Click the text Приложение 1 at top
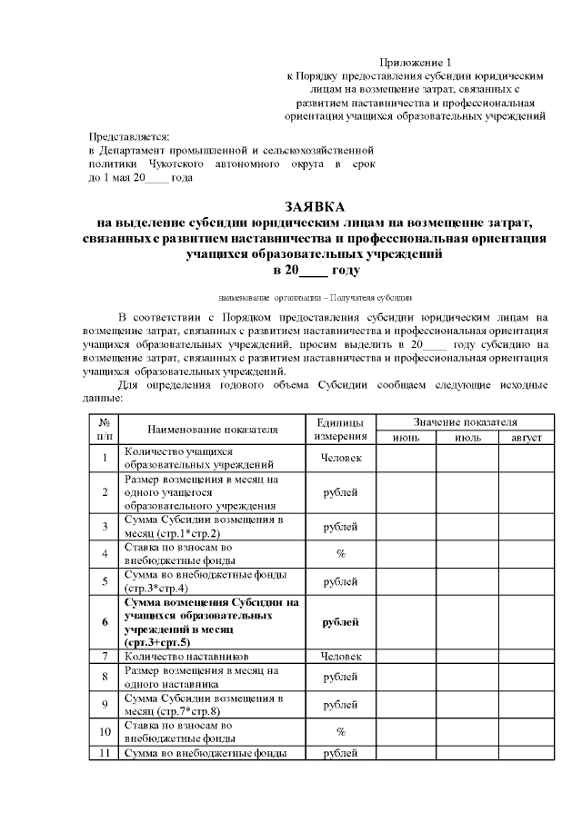419,59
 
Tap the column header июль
466,438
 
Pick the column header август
525,438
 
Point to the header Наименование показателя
212,430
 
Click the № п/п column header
105,430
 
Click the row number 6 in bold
105,621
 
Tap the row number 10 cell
105,730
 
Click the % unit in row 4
341,553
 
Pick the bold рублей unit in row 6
341,621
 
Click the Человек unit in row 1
341,458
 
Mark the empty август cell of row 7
525,655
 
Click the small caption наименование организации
316,297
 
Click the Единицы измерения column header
341,430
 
